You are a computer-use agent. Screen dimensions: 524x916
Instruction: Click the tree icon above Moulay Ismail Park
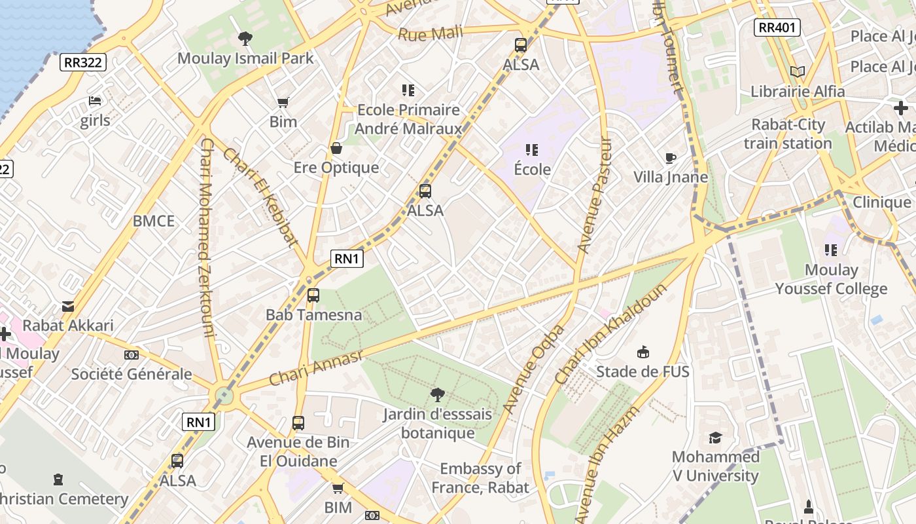pos(245,39)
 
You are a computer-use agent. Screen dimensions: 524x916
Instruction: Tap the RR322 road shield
pos(83,62)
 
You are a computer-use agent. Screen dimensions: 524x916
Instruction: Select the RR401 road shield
pos(777,28)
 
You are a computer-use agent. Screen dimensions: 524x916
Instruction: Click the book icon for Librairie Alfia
pos(797,72)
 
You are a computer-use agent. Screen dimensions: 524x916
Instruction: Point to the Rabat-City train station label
pos(788,134)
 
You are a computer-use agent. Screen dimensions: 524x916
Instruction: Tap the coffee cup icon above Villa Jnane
pos(670,158)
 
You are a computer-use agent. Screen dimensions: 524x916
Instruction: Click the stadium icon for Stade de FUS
pos(643,352)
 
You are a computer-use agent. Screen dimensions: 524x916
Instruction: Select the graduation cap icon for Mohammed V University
pos(715,438)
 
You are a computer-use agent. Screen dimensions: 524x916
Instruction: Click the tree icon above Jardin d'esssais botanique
pos(438,394)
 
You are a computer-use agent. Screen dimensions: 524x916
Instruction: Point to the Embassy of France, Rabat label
pos(480,478)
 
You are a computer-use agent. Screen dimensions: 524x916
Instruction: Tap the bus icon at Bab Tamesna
pos(313,295)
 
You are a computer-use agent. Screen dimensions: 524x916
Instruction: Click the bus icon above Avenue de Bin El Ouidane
pos(298,423)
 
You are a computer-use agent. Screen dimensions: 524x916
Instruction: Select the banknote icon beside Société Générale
pos(132,355)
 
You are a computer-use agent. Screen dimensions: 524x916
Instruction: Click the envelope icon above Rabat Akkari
pos(68,306)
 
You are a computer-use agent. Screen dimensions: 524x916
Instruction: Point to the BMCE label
pos(154,221)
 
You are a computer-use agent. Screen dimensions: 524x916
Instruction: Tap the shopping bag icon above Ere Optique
pos(336,148)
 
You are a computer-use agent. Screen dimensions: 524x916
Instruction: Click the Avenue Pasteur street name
pos(593,195)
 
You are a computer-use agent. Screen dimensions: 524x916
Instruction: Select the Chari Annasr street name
pos(316,368)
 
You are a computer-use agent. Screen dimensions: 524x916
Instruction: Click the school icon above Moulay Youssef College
pos(831,250)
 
